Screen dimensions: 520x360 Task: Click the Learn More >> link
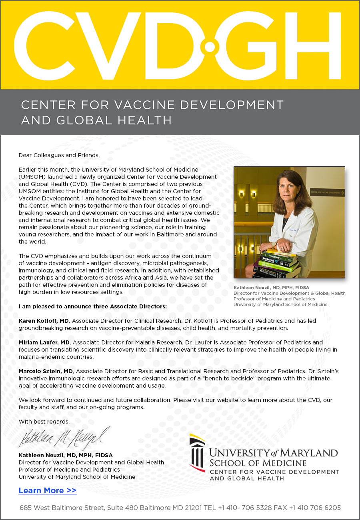[x=47, y=490]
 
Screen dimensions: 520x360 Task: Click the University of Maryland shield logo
[x=197, y=452]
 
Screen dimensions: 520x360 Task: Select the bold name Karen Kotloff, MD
[x=44, y=320]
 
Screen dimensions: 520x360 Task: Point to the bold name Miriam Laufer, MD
[x=44, y=342]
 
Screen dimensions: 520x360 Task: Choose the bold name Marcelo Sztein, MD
[x=46, y=371]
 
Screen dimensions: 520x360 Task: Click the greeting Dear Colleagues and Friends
[x=59, y=155]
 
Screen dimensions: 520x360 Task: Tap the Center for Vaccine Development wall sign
[x=327, y=192]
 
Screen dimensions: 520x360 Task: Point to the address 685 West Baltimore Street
[x=62, y=508]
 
